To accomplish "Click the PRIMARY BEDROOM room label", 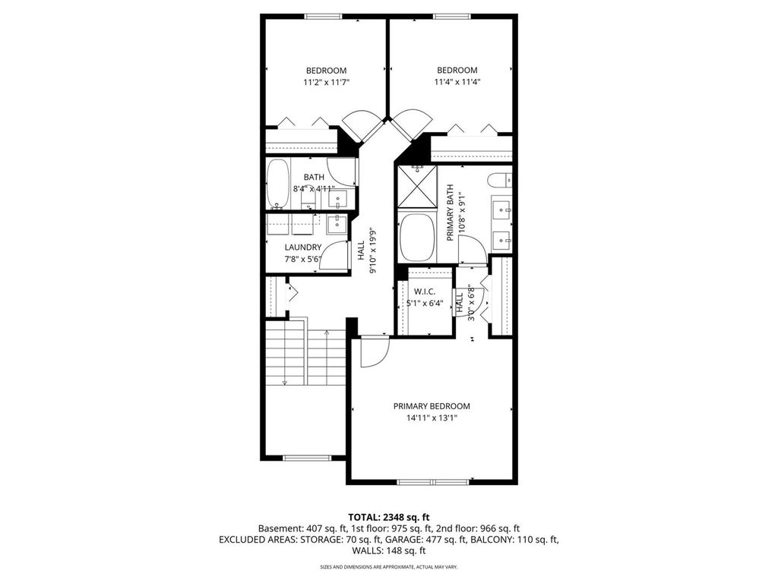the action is click(x=432, y=406).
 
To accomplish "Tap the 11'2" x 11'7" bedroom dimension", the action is click(x=327, y=82).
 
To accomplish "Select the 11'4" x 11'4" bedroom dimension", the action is click(x=457, y=82).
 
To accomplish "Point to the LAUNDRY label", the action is click(x=302, y=247).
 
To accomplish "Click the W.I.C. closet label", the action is click(x=424, y=291).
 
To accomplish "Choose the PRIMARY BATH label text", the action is click(x=451, y=213).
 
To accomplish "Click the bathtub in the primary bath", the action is click(x=417, y=237).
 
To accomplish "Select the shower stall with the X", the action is click(x=417, y=186).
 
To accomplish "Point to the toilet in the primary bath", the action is click(x=499, y=180).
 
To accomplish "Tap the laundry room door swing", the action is click(x=334, y=255).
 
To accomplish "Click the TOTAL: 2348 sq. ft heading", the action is click(x=388, y=518).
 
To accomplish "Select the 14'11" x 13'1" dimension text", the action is click(x=432, y=418).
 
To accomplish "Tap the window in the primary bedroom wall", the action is click(x=432, y=481).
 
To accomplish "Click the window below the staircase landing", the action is click(x=302, y=457).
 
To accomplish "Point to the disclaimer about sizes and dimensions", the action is click(x=388, y=566).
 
